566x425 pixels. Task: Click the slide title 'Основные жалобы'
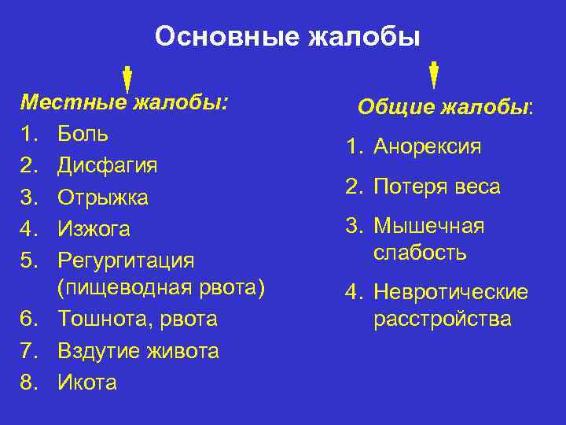(287, 36)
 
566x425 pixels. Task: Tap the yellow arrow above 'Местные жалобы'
(127, 79)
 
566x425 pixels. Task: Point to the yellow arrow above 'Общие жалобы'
(434, 73)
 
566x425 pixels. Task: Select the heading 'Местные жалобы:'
(124, 102)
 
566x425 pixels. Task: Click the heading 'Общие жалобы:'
(445, 107)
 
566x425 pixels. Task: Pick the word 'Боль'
(83, 134)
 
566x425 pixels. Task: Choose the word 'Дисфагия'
(108, 165)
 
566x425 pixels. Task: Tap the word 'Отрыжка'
(103, 197)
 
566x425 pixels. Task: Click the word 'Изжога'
(94, 229)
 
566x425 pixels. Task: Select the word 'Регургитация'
(126, 260)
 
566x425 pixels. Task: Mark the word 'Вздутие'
(97, 351)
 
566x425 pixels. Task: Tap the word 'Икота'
(87, 382)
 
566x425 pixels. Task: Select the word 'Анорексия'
(428, 147)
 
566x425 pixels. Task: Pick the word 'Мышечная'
(428, 227)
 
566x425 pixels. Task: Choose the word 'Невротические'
(450, 293)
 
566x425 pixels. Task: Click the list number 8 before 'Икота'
(29, 382)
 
